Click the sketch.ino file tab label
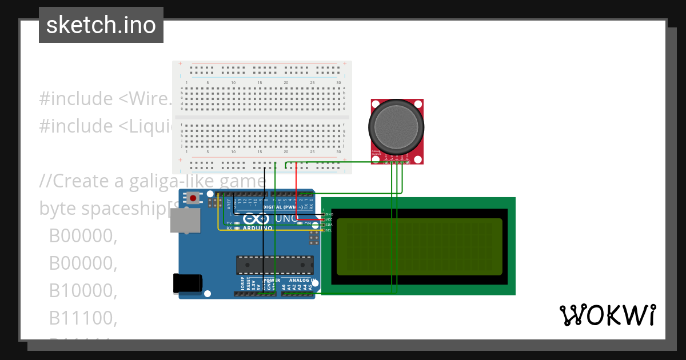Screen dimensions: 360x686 (101, 25)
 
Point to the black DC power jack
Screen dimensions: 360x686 (188, 283)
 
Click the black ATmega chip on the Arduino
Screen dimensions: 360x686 (275, 265)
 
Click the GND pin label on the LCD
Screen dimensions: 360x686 (329, 214)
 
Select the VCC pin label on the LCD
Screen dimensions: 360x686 (329, 219)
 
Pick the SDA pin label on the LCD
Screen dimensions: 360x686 (329, 225)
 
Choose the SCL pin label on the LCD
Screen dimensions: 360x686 (329, 230)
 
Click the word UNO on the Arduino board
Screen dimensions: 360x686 (286, 218)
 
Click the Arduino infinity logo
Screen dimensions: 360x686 (256, 219)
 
